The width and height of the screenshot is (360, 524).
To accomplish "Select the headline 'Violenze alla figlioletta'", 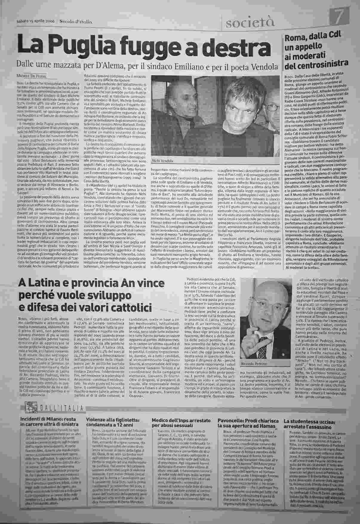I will [113, 420].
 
